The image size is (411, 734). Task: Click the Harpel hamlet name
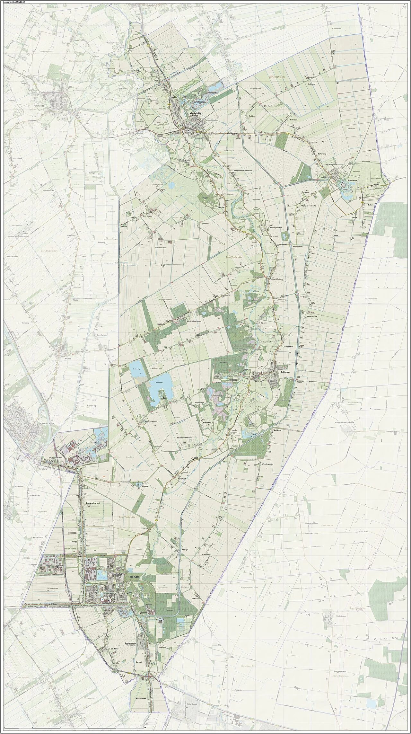click(147, 217)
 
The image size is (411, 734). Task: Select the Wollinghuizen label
click(276, 227)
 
